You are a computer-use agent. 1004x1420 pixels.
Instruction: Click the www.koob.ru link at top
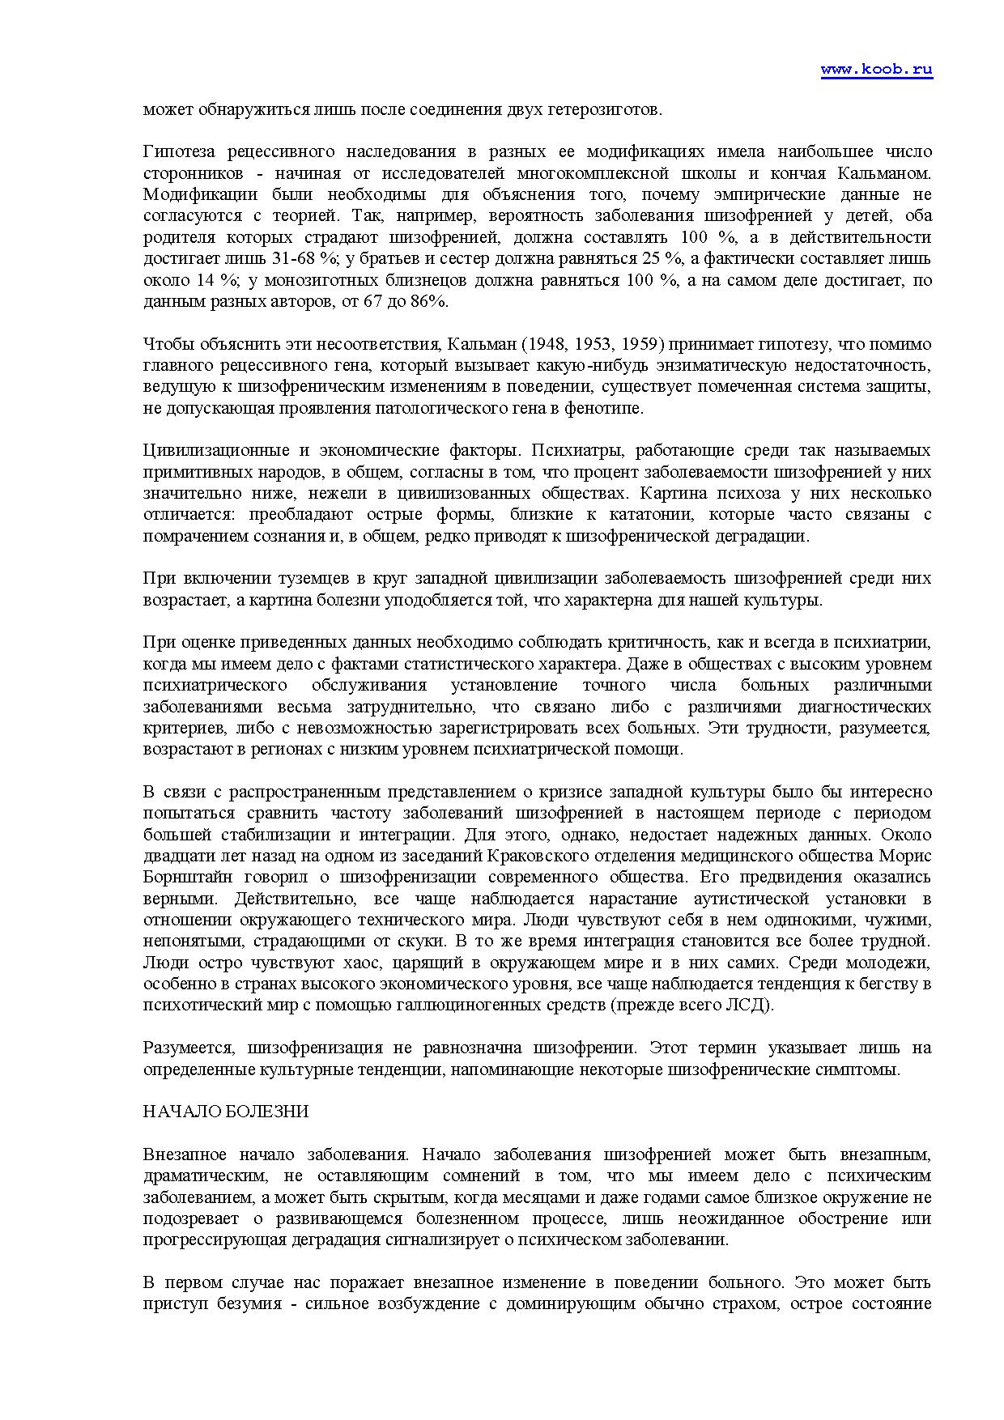(876, 70)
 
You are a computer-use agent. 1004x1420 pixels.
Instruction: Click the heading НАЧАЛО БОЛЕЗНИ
(226, 1112)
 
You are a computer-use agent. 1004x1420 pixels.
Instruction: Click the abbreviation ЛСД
(753, 1005)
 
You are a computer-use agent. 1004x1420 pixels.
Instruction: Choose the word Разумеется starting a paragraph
(189, 1048)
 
